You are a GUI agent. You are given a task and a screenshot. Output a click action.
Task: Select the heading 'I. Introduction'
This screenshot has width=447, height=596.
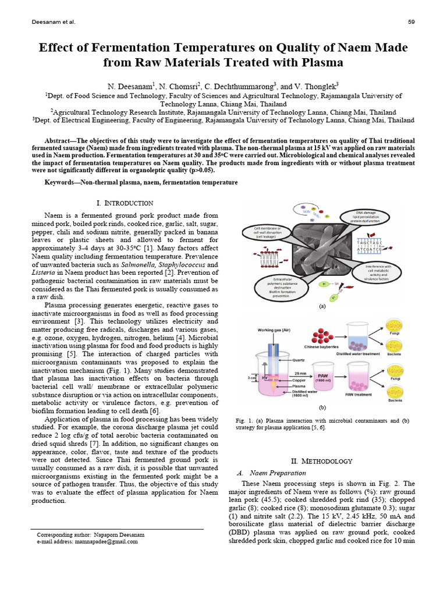coord(125,203)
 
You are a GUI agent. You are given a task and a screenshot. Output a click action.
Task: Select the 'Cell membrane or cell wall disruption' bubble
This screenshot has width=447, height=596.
coord(264,232)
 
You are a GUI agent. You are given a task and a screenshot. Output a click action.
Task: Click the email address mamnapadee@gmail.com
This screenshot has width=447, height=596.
coord(106,541)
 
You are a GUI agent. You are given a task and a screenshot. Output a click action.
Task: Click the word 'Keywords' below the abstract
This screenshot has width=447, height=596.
coord(63,183)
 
